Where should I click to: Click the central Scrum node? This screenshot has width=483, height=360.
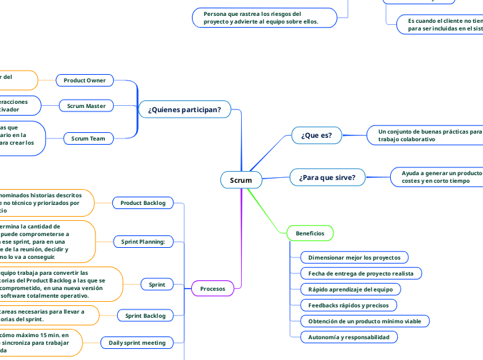pos(240,180)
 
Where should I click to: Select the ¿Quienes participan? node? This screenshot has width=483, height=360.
pos(184,109)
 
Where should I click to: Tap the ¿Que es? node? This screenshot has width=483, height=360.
pos(316,136)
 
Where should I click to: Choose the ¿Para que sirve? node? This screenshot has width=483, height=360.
pos(326,177)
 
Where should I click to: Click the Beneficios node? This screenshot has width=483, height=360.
pos(310,233)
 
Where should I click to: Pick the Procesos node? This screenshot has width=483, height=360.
pos(212,288)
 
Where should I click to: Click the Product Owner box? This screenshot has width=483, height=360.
pos(85,80)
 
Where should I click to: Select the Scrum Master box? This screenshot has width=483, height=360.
pos(87,106)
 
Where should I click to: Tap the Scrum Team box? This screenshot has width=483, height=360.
pos(89,138)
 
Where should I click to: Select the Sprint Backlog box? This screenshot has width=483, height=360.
pos(145,316)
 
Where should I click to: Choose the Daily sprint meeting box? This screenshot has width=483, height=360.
pos(138,342)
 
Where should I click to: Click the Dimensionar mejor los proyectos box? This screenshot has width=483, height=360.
pos(354,258)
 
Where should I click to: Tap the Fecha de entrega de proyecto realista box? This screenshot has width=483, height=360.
pos(360,273)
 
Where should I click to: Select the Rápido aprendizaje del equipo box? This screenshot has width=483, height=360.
pos(350,289)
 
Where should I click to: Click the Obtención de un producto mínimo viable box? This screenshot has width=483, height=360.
pos(365,321)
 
